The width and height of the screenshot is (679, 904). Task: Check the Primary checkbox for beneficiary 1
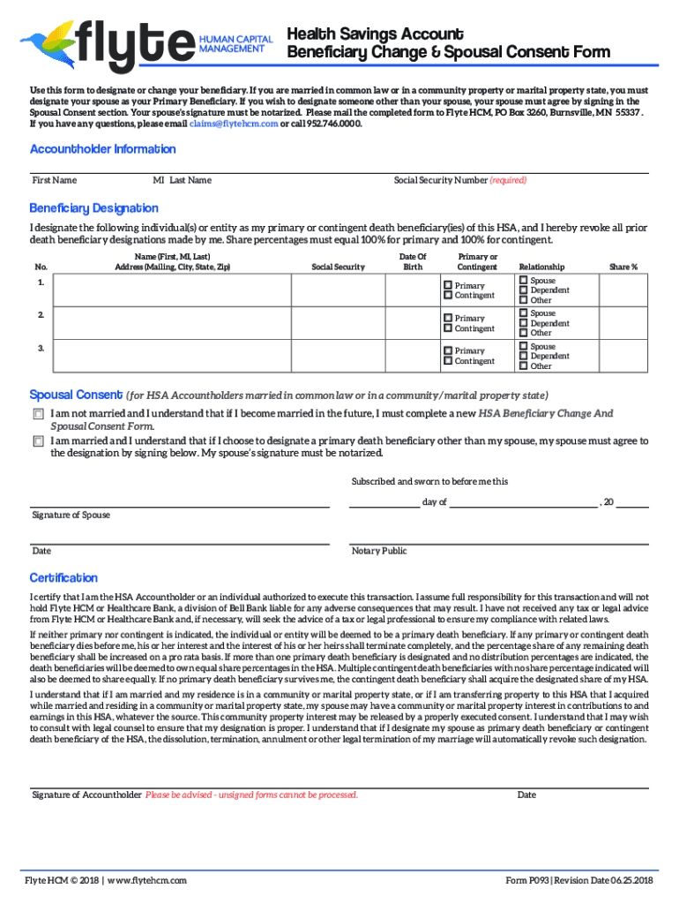(448, 286)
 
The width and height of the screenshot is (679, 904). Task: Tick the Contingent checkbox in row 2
(448, 328)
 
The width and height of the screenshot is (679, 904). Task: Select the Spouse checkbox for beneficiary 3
(523, 347)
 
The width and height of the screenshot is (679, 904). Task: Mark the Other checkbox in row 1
(523, 300)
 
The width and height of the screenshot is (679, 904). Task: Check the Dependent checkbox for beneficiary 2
(523, 323)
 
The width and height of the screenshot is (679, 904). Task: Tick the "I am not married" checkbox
(38, 413)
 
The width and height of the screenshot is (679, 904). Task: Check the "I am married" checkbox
(38, 441)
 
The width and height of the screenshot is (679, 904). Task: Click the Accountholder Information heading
(91, 149)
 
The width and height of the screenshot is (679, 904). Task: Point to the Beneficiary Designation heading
(94, 208)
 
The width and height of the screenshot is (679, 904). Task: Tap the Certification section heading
(63, 577)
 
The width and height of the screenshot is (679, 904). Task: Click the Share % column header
(623, 267)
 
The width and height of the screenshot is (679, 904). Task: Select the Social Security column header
(338, 267)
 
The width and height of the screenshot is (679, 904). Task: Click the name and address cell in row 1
(171, 290)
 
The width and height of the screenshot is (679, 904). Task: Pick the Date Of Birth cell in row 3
(413, 355)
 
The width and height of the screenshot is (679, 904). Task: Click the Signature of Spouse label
(71, 515)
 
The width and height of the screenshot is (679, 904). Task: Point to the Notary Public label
(379, 551)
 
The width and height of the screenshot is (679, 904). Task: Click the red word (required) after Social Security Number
(508, 180)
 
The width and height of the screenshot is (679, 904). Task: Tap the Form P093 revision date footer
(578, 880)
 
